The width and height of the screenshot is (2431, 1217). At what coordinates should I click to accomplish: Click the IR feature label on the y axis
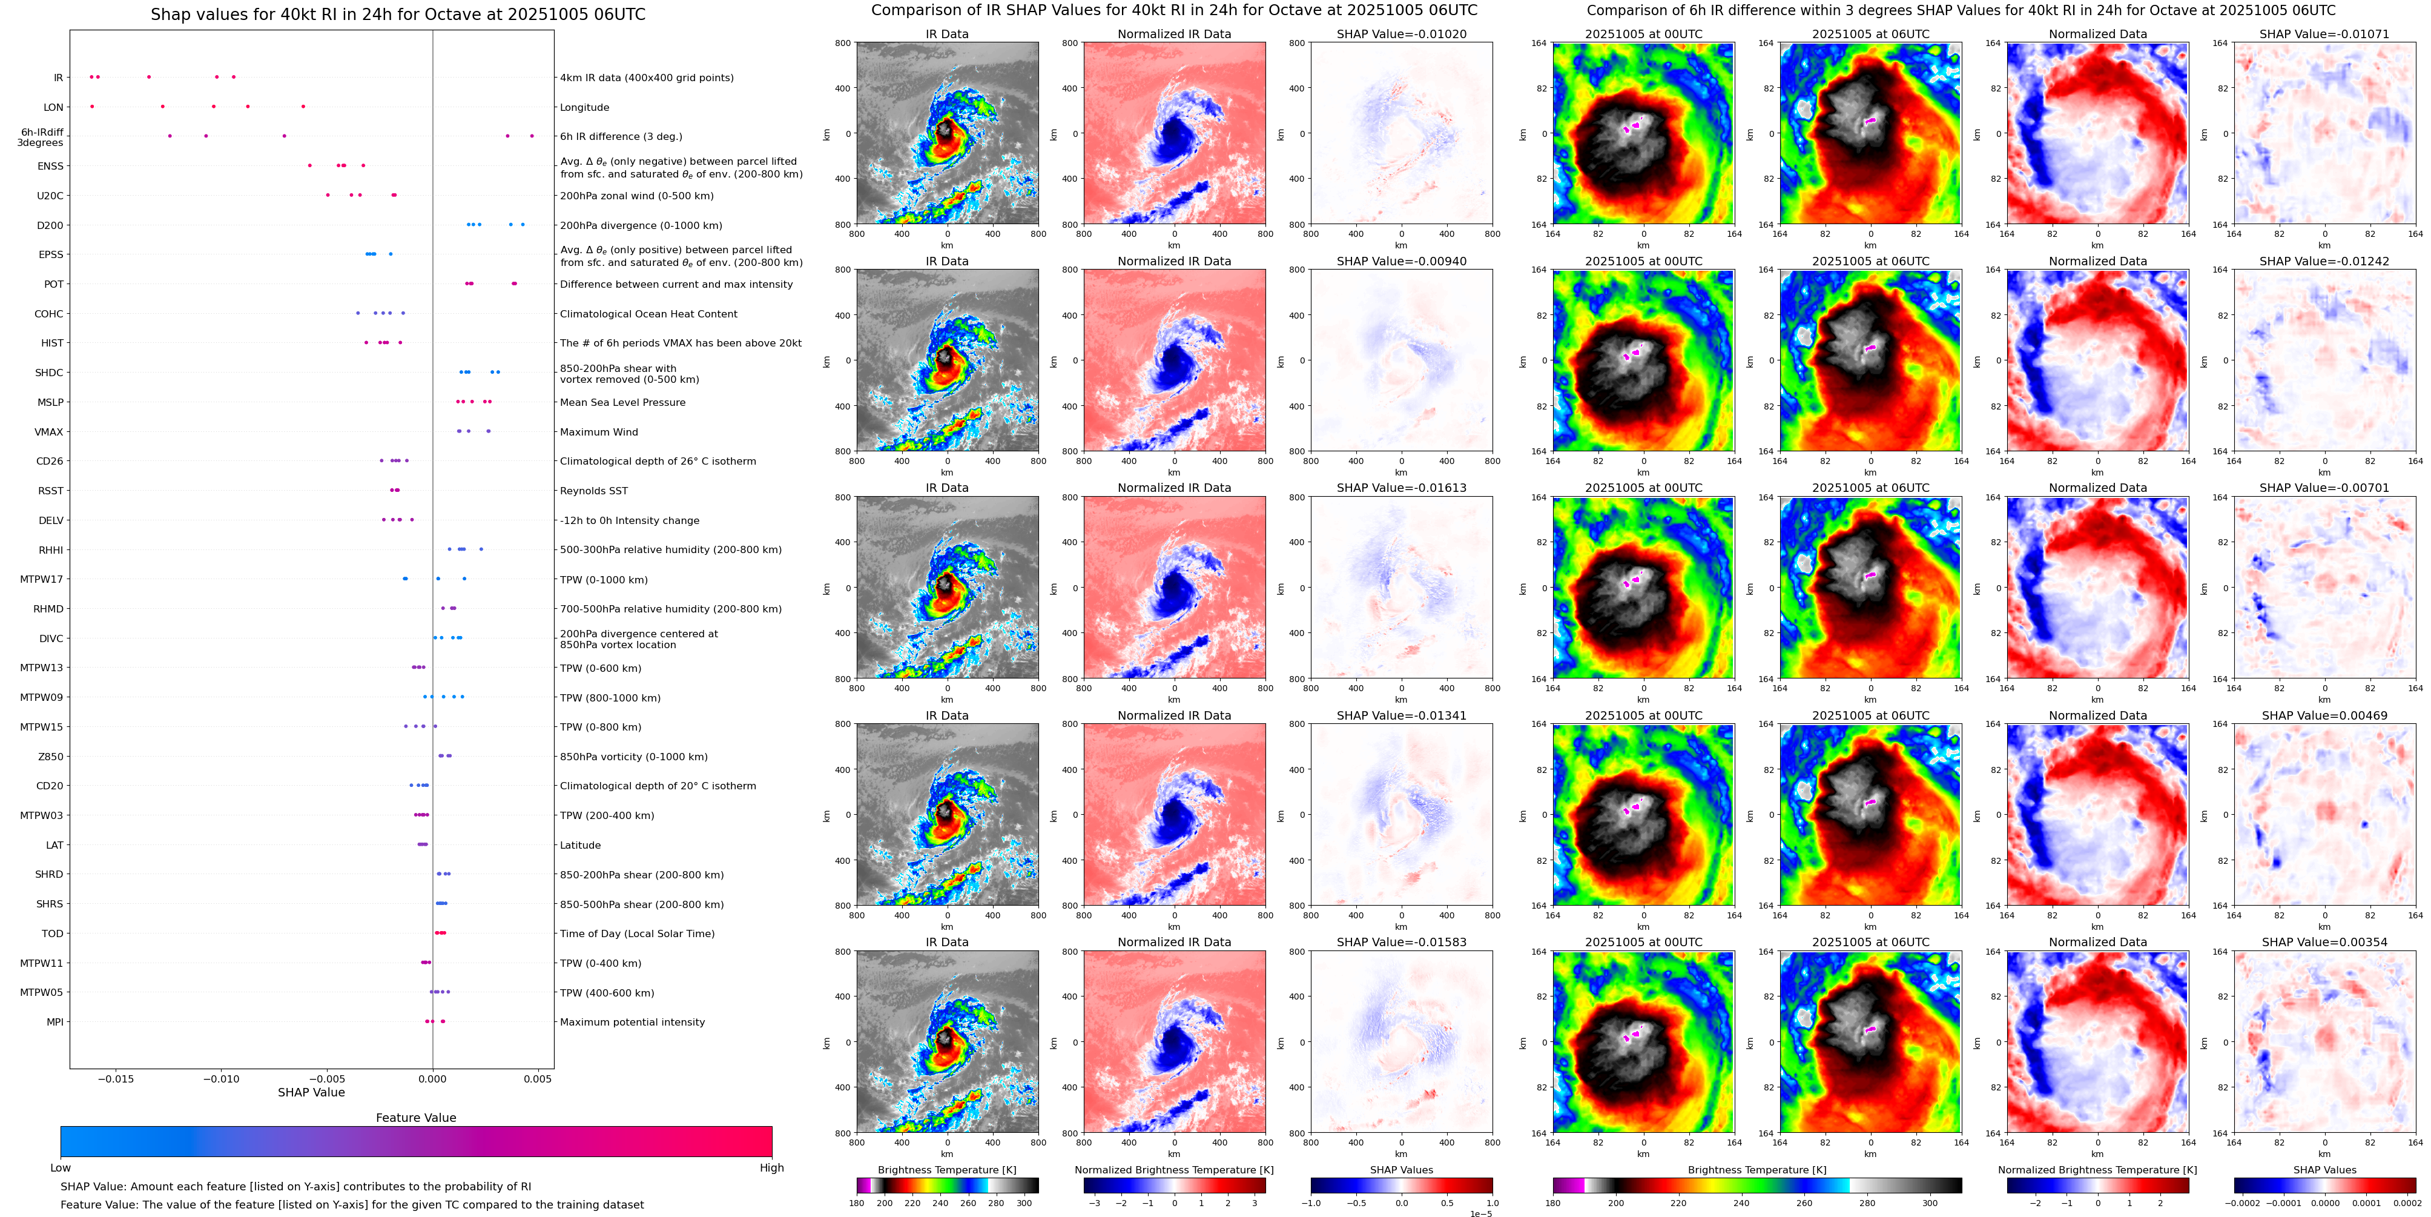click(58, 78)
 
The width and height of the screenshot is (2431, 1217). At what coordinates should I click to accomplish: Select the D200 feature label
click(50, 225)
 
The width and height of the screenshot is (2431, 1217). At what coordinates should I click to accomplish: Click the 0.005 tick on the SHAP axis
click(537, 1079)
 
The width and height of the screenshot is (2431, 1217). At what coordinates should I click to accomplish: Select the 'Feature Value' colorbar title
click(415, 1118)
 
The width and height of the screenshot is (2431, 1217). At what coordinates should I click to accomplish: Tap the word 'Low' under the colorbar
click(61, 1168)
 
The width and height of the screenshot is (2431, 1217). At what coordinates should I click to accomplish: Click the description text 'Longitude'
click(584, 108)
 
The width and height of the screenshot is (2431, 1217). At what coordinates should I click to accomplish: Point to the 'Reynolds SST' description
click(593, 491)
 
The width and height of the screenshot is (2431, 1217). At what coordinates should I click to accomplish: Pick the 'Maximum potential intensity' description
click(632, 1023)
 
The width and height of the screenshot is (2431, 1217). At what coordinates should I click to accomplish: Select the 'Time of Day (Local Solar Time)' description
click(637, 933)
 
